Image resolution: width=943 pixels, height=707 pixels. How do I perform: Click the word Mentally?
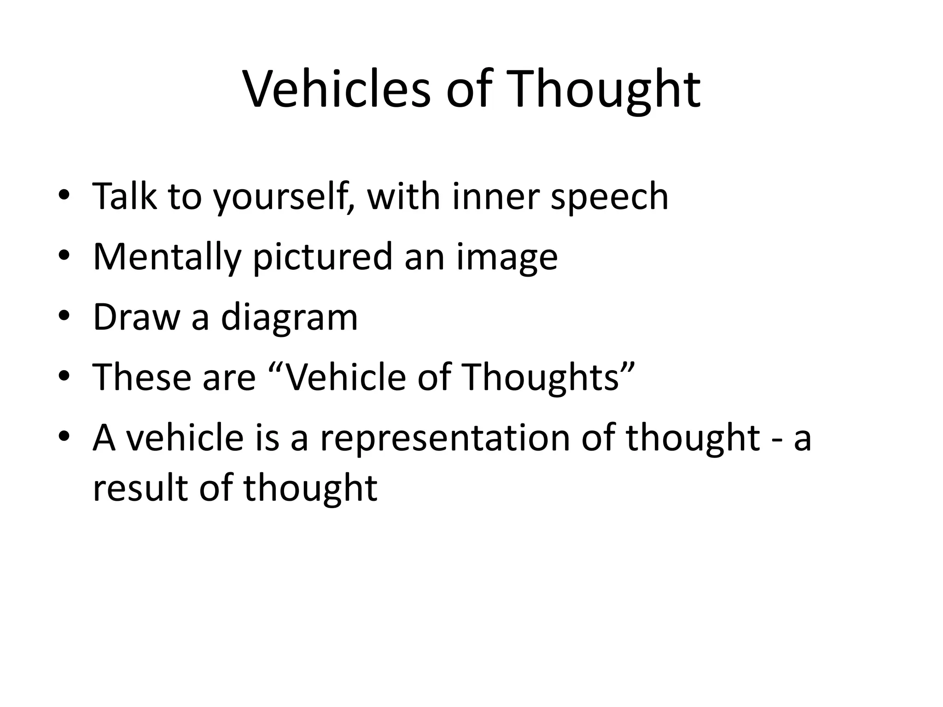point(167,257)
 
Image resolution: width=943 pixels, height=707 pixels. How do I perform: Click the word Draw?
point(136,317)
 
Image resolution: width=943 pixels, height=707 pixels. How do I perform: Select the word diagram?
point(289,317)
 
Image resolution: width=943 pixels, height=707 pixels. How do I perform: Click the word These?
point(142,377)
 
